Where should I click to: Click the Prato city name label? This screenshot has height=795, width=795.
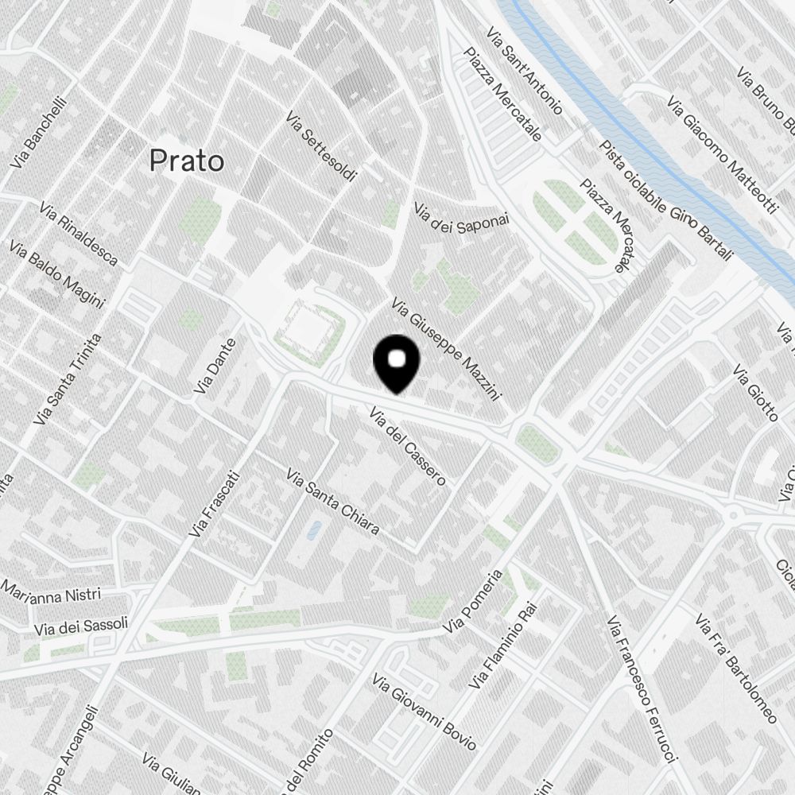point(187,161)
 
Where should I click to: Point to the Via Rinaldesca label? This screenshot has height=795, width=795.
point(78,234)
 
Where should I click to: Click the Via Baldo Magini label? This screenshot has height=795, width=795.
point(57,274)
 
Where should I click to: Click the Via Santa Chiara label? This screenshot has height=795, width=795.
point(332,502)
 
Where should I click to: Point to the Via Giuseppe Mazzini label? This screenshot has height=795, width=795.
point(445,349)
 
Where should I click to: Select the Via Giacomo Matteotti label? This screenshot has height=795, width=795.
point(722,155)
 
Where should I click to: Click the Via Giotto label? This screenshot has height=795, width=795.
point(755,393)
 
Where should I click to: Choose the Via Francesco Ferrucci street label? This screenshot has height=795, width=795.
point(642,688)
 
